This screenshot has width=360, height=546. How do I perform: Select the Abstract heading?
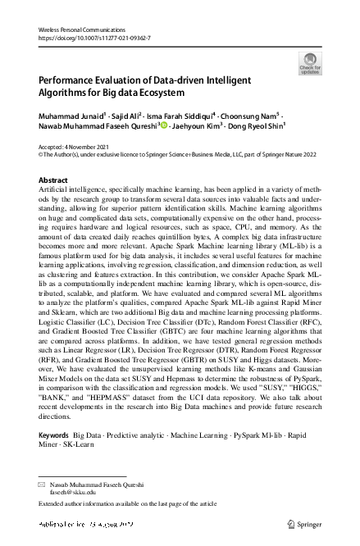pyautogui.click(x=54, y=179)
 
